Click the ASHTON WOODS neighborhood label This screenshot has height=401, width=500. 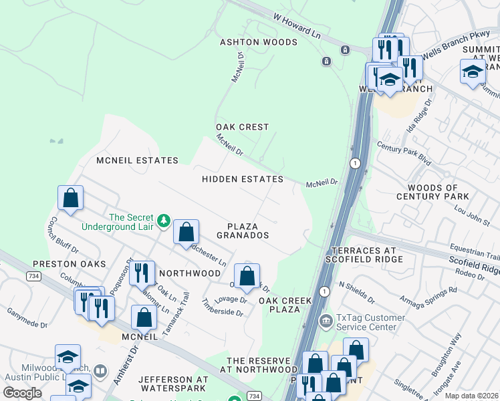coord(259,42)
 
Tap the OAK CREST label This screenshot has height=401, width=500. coord(242,127)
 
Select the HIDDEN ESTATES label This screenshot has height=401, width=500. coord(243,179)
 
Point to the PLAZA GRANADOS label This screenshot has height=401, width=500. coord(243,231)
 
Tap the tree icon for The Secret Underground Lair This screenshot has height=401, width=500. coord(163,220)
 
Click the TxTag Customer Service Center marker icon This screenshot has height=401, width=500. coord(326,319)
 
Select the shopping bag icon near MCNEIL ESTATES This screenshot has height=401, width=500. coord(70,198)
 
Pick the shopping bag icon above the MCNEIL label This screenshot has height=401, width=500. coord(144,317)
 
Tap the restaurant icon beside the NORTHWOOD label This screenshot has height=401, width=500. coord(141,273)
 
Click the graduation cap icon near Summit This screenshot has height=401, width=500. coord(473,72)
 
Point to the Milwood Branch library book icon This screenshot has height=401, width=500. coord(100,370)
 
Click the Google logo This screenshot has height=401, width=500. coord(23,392)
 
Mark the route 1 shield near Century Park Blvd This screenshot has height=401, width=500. coord(355,163)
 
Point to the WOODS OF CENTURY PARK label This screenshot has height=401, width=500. coord(432,192)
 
